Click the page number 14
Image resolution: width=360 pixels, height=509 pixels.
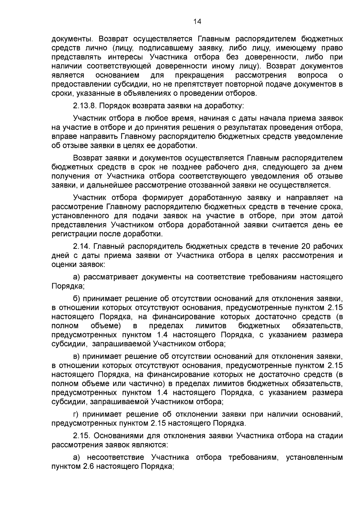pyautogui.click(x=198, y=21)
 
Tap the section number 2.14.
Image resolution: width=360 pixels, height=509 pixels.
pyautogui.click(x=81, y=247)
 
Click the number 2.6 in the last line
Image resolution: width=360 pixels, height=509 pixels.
pyautogui.click(x=89, y=466)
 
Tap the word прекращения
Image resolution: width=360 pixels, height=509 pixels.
pyautogui.click(x=199, y=75)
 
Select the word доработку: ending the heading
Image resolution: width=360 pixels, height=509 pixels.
pyautogui.click(x=225, y=106)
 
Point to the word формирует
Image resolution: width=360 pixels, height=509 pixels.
pyautogui.click(x=163, y=198)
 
